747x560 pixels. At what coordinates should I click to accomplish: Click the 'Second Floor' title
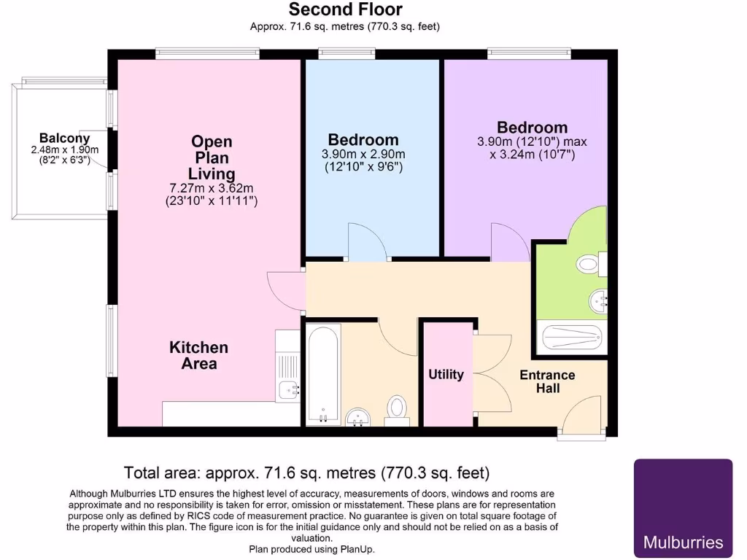tap(345, 9)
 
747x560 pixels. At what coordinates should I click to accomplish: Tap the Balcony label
tap(64, 138)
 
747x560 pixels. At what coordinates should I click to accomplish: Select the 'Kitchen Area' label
tap(198, 355)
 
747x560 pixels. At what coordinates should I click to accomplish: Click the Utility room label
tap(446, 374)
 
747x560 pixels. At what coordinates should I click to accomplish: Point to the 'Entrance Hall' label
tap(547, 381)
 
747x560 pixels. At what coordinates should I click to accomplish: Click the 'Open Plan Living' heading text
tap(212, 157)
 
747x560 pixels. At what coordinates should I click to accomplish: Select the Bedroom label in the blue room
tap(363, 139)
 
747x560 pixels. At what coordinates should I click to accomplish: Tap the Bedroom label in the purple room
tap(532, 127)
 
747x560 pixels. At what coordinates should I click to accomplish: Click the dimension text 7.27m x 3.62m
tap(212, 188)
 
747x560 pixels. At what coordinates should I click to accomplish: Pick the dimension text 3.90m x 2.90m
tap(363, 155)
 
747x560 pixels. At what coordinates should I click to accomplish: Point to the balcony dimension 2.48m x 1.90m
tap(64, 149)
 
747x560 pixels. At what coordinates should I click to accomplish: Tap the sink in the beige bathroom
tap(357, 417)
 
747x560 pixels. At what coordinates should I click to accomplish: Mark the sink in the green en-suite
tap(600, 300)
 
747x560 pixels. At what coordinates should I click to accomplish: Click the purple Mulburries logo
tap(683, 507)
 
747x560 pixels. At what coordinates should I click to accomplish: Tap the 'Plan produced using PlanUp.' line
tap(313, 549)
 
